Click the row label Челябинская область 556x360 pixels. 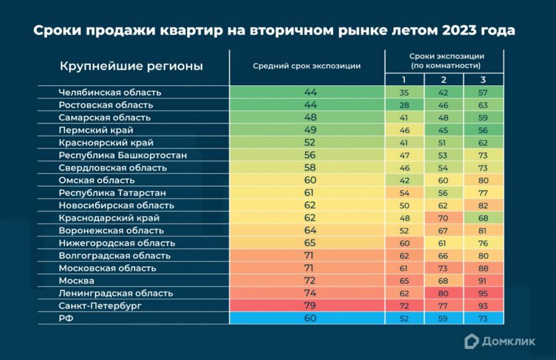[x=110, y=92]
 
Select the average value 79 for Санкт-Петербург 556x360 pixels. [x=310, y=306]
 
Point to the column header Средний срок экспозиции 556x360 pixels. [x=306, y=66]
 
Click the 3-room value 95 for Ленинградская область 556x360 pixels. [x=483, y=293]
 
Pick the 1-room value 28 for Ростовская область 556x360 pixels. [x=404, y=105]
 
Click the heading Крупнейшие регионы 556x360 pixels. [x=131, y=66]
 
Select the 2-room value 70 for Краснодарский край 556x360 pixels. [x=444, y=218]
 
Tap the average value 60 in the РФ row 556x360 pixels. [x=310, y=318]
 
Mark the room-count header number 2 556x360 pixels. [x=444, y=80]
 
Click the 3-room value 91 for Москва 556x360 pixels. [x=483, y=281]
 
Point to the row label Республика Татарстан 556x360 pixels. [x=112, y=193]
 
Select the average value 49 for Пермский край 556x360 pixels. [x=310, y=130]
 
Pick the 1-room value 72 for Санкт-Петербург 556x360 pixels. [x=404, y=306]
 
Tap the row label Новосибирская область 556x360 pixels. [x=116, y=205]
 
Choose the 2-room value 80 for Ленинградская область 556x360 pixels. [x=444, y=293]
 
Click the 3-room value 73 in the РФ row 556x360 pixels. [x=483, y=318]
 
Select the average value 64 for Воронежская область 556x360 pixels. [x=310, y=230]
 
